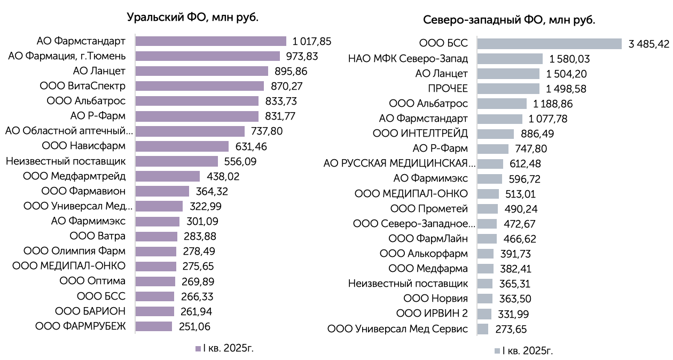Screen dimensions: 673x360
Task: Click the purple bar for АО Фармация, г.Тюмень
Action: pos(208,56)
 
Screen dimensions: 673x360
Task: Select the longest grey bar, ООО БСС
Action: pos(549,44)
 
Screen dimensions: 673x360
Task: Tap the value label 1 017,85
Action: pos(312,41)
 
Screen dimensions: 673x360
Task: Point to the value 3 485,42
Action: pos(649,44)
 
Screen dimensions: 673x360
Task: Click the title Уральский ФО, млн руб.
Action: pos(193,17)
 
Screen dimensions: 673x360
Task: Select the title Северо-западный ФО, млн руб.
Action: pos(509,20)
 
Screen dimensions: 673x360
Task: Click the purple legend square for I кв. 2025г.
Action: pos(198,349)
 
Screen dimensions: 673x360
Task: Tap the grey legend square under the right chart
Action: pos(497,351)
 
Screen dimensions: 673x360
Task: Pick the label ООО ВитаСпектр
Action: pos(83,86)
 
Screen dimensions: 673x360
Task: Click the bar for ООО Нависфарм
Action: pos(182,146)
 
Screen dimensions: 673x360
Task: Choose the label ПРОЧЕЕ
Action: pos(448,88)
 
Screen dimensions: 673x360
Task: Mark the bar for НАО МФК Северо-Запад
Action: pos(510,59)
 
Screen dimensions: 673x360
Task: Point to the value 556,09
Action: pos(240,161)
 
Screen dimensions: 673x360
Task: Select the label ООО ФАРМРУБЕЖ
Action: pos(81,326)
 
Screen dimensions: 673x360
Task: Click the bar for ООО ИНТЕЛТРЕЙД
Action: pos(496,134)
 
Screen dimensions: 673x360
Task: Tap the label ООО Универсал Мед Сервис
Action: pos(397,328)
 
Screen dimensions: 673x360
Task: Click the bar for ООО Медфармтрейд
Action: pos(168,176)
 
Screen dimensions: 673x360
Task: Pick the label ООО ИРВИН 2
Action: pos(432,314)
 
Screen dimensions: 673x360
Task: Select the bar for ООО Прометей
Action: pos(487,208)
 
